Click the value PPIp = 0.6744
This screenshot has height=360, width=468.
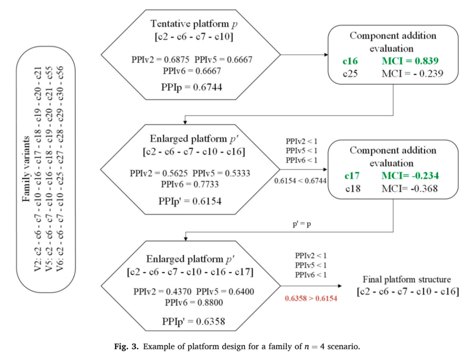[192, 87]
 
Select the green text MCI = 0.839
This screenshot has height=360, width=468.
[410, 61]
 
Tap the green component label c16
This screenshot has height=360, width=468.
[350, 61]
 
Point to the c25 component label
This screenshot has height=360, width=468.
[350, 74]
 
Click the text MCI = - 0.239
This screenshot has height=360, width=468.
[412, 74]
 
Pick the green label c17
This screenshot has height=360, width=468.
[352, 175]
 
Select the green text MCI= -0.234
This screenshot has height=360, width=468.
[410, 175]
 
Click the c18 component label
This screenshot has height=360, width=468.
[353, 188]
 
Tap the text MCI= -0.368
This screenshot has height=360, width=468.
[409, 188]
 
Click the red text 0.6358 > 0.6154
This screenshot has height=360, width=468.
[311, 298]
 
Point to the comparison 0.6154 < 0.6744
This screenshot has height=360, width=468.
[300, 181]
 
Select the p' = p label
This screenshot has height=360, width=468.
[302, 224]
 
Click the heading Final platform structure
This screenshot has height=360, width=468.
[406, 279]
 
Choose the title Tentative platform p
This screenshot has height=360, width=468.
[194, 23]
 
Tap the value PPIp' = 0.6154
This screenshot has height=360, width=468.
[190, 201]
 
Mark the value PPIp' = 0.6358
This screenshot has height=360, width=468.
[193, 321]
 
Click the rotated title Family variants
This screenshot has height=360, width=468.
[26, 169]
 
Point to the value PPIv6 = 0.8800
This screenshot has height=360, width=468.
[194, 303]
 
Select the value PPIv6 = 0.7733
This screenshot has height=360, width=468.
[190, 184]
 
